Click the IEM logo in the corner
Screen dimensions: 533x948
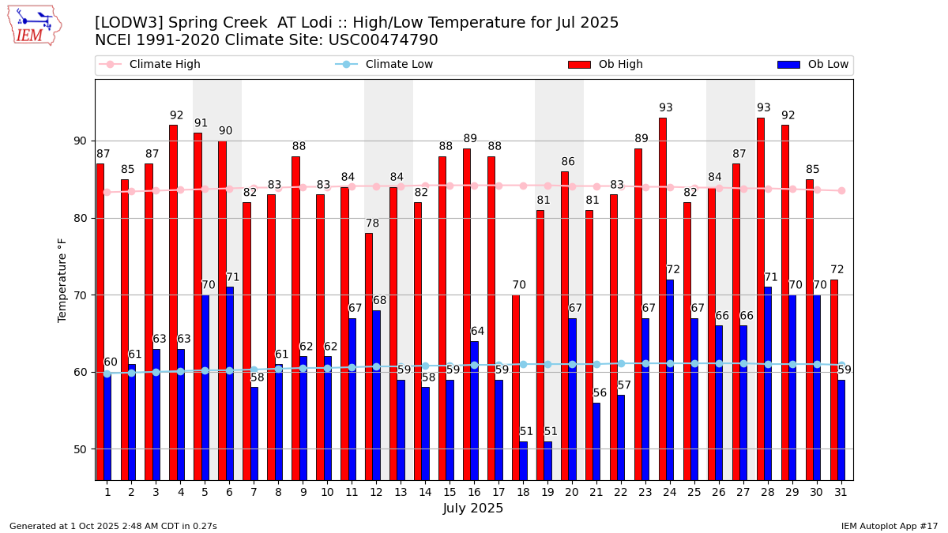tap(34, 25)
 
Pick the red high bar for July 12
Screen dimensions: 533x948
tap(369, 356)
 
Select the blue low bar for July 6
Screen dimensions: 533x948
tap(230, 383)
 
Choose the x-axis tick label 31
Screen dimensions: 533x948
tap(841, 492)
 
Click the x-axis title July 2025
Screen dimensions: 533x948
tap(473, 509)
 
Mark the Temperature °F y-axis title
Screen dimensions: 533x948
tap(62, 280)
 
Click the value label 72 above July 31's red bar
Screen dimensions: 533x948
tap(837, 270)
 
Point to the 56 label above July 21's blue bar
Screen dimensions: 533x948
tap(600, 393)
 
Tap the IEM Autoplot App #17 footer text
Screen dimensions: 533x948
tap(889, 526)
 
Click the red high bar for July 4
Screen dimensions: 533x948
tap(173, 302)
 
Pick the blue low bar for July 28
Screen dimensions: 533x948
tap(768, 383)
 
